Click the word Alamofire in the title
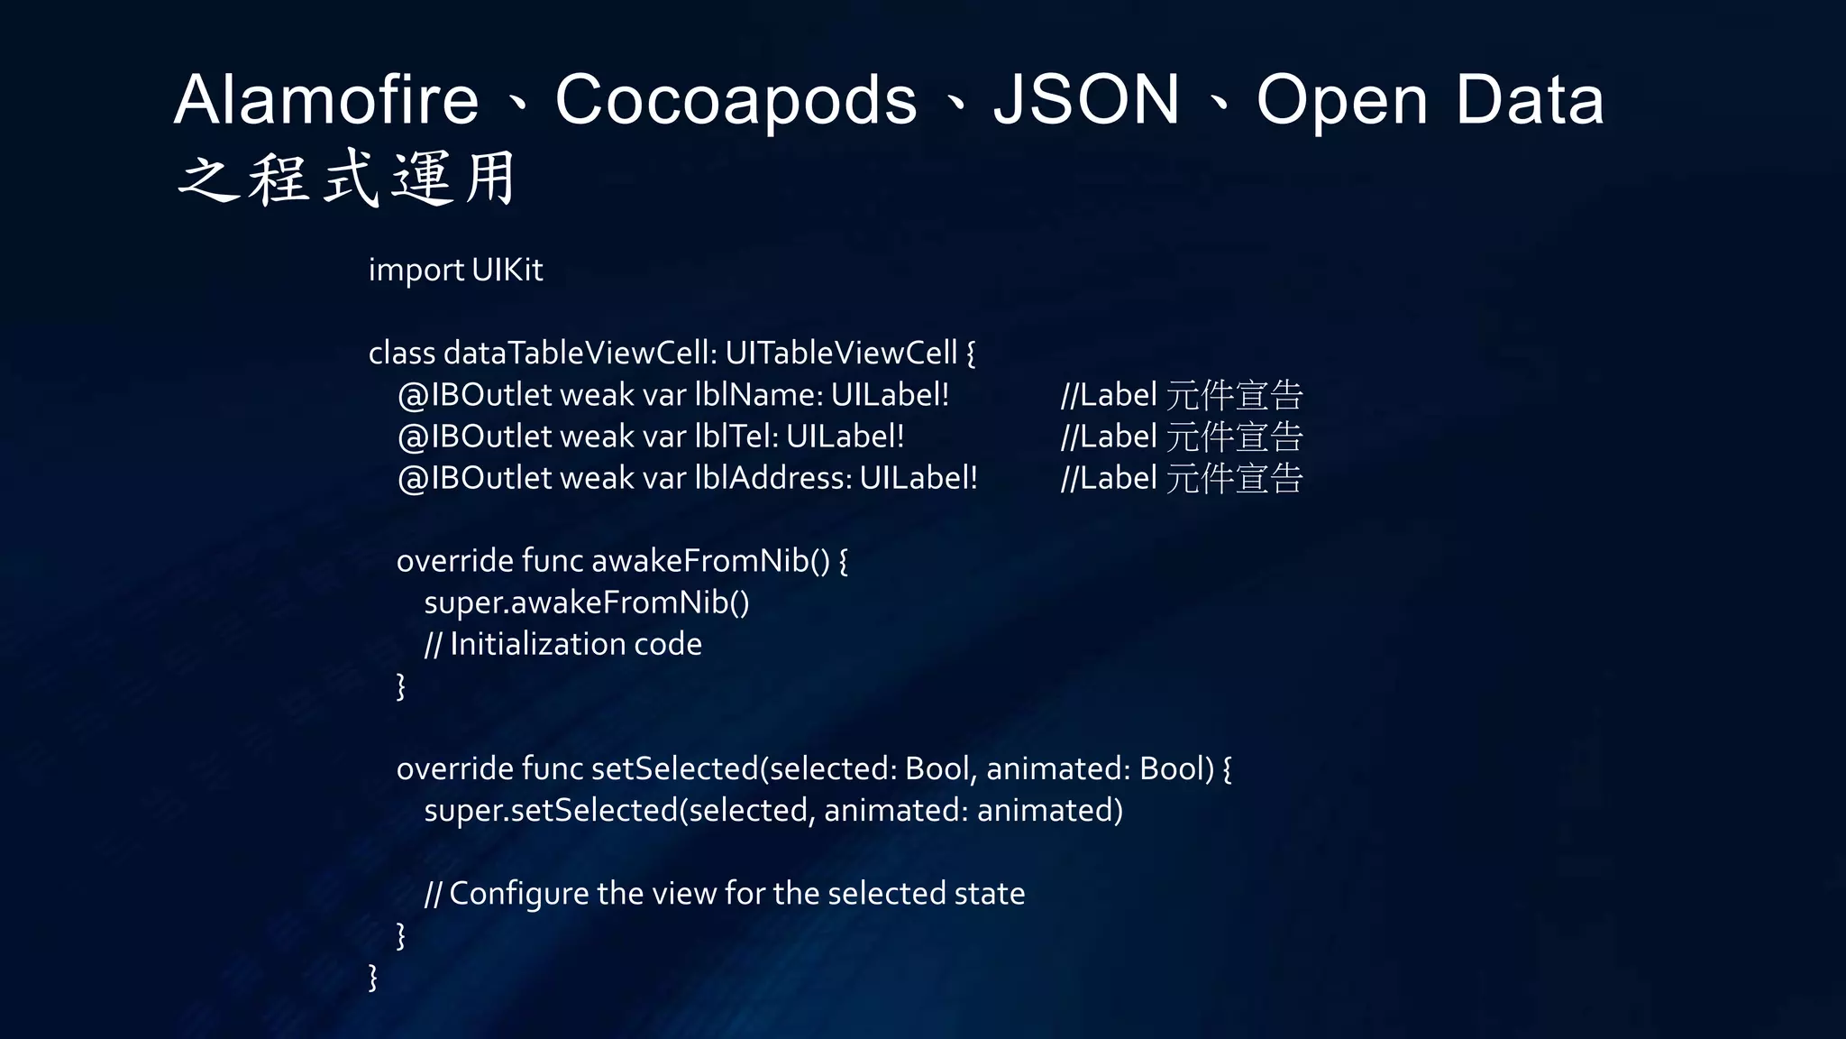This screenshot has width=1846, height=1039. pyautogui.click(x=326, y=99)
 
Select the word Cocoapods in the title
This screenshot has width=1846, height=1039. pyautogui.click(x=736, y=101)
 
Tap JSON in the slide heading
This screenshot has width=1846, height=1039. pyautogui.click(x=1086, y=99)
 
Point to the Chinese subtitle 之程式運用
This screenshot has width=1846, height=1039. pyautogui.click(x=347, y=179)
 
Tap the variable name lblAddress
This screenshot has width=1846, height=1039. pyautogui.click(x=772, y=478)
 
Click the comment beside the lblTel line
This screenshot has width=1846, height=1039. pyautogui.click(x=1181, y=437)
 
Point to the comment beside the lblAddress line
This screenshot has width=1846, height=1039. pyautogui.click(x=1181, y=479)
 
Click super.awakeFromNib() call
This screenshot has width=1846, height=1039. pyautogui.click(x=586, y=602)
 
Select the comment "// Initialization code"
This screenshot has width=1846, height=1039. pyautogui.click(x=562, y=644)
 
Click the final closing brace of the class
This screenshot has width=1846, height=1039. pyautogui.click(x=373, y=977)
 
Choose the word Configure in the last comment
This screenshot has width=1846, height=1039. pyautogui.click(x=518, y=894)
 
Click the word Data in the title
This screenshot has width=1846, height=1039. pyautogui.click(x=1530, y=99)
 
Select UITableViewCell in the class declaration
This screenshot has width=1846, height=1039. pyautogui.click(x=840, y=353)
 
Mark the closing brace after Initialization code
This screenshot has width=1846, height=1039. pyautogui.click(x=401, y=685)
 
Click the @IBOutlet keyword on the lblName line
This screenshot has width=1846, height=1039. pyautogui.click(x=474, y=395)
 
